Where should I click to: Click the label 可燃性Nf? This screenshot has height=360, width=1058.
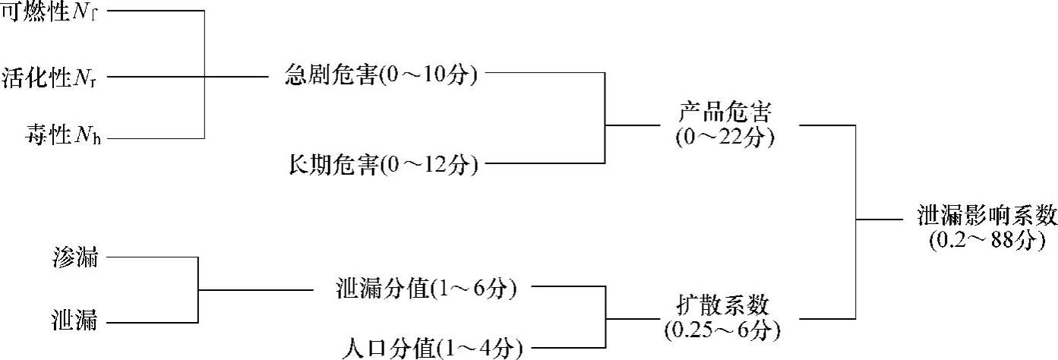pyautogui.click(x=50, y=12)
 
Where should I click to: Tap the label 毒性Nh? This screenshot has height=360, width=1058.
pyautogui.click(x=62, y=137)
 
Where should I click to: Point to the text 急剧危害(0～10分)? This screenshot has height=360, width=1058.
pyautogui.click(x=381, y=75)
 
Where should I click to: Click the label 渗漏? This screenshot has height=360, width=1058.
pyautogui.click(x=76, y=257)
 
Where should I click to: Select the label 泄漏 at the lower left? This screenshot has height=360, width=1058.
pyautogui.click(x=76, y=321)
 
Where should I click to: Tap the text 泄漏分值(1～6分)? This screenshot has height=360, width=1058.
pyautogui.click(x=426, y=289)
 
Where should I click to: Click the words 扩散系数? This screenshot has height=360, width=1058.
pyautogui.click(x=722, y=306)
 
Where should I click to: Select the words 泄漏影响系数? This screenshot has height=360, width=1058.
pyautogui.click(x=986, y=216)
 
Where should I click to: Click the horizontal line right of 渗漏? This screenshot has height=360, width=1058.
pyautogui.click(x=152, y=257)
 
